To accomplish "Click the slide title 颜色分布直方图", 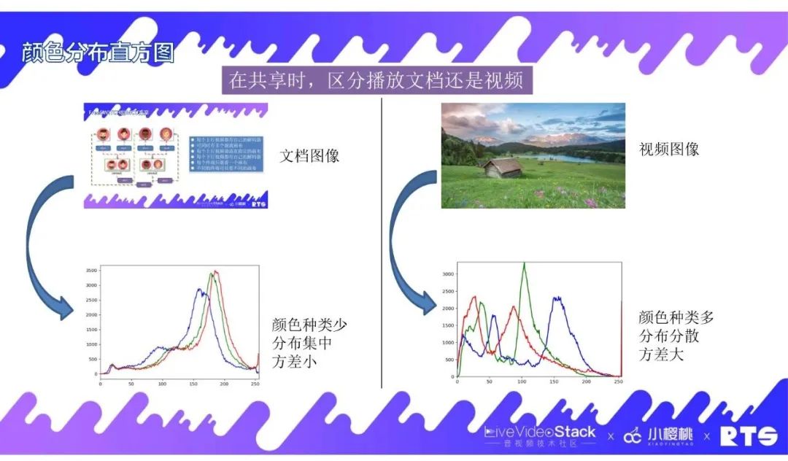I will [x=98, y=54].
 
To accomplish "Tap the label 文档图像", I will [x=309, y=156].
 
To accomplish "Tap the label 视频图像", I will [x=669, y=149].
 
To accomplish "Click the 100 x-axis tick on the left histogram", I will [x=162, y=384].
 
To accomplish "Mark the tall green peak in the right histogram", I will [x=524, y=264].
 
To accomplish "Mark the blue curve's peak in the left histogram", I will [x=199, y=290].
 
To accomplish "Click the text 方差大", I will [x=663, y=355].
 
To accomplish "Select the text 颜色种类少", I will [x=309, y=325].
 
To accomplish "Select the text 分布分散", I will [x=670, y=336].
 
